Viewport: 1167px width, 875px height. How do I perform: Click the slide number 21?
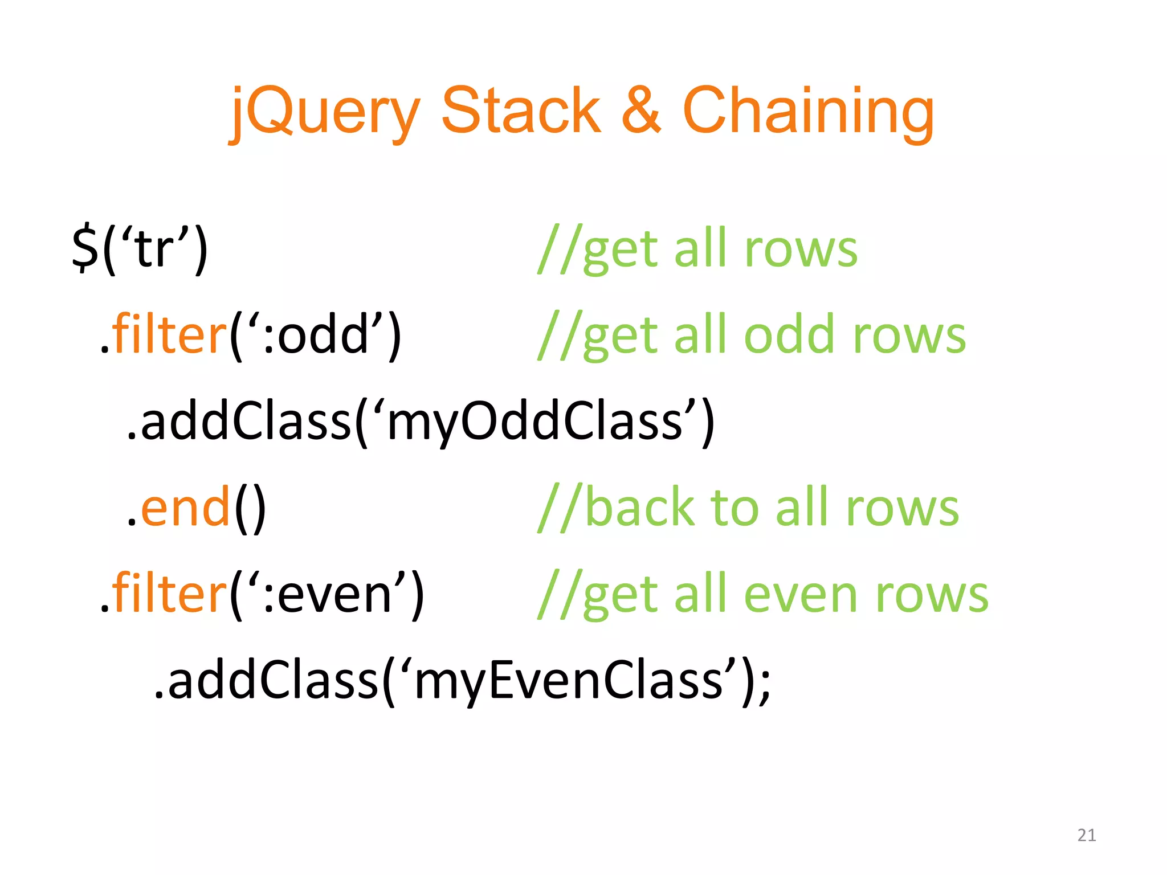pyautogui.click(x=1087, y=835)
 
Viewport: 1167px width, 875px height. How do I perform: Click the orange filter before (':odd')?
pyautogui.click(x=169, y=335)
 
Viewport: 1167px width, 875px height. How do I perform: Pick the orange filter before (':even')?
pyautogui.click(x=169, y=594)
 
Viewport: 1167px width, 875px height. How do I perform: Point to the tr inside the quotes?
pyautogui.click(x=155, y=250)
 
